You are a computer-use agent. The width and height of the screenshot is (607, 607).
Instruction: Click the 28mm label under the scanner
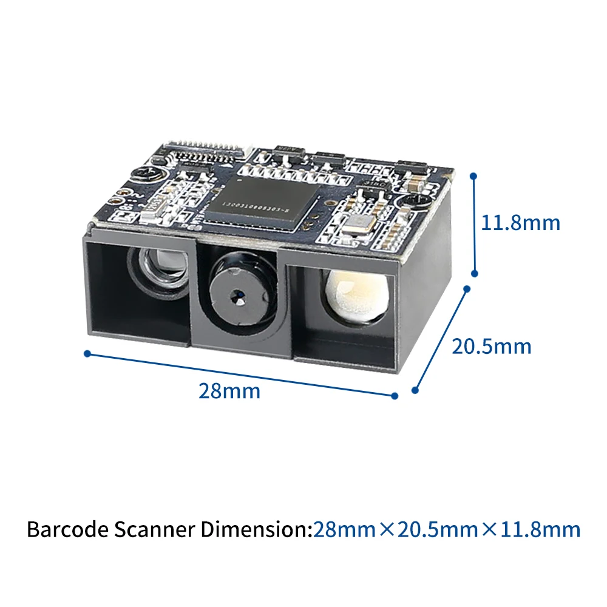[x=229, y=391]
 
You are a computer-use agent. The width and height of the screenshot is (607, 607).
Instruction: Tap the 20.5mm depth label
[x=491, y=347]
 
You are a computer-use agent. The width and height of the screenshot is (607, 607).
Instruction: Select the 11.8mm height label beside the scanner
[x=520, y=223]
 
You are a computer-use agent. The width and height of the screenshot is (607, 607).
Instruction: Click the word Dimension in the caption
[x=256, y=529]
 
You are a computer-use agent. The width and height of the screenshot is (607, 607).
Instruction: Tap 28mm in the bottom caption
[x=344, y=529]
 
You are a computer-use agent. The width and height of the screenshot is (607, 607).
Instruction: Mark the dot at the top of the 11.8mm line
[x=474, y=176]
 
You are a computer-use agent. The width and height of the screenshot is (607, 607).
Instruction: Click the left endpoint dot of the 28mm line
[x=87, y=353]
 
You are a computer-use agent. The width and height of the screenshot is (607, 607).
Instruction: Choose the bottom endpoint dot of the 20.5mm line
[x=416, y=391]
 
